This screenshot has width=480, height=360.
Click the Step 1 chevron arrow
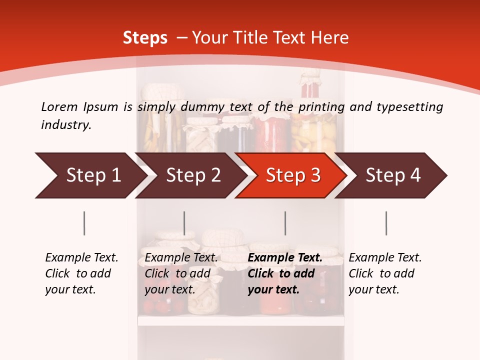pos(90,175)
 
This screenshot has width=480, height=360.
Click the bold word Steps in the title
pos(145,38)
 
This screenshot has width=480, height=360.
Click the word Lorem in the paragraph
pos(59,106)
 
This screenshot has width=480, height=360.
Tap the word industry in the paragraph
pos(65,125)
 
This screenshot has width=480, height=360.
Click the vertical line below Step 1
pos(84,223)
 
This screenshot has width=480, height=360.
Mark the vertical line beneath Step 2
pos(184,223)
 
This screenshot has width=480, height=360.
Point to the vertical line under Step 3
pos(285,223)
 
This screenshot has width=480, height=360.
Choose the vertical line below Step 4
pos(386,223)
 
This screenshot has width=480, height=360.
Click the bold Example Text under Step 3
pos(285,258)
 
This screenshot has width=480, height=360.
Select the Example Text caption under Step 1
pos(81,258)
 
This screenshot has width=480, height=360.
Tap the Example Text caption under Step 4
pos(385,258)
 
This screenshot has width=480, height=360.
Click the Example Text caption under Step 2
pos(181,258)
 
